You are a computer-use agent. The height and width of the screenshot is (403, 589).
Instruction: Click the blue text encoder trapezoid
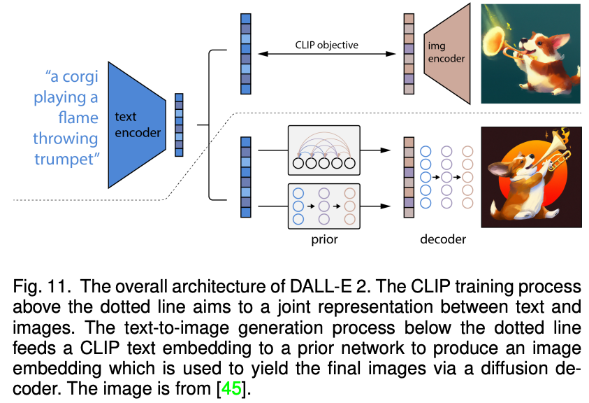tap(137, 125)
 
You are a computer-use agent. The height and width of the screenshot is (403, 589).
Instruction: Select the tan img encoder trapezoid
tap(447, 53)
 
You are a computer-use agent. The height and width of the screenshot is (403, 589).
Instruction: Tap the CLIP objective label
tap(327, 45)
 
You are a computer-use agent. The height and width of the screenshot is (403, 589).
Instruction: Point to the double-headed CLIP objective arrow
tap(327, 54)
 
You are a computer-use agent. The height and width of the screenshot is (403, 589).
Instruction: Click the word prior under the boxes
tap(324, 239)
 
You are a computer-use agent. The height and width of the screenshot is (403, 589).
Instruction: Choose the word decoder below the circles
tap(443, 239)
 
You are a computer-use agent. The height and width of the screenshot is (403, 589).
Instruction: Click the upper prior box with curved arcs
tap(323, 150)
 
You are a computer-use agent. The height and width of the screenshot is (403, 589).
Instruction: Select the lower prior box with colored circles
tap(323, 206)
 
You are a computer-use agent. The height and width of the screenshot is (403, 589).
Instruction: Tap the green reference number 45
tap(231, 388)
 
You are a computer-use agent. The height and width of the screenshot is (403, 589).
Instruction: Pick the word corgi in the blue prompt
tap(80, 77)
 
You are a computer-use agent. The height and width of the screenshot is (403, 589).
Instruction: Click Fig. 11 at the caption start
tap(42, 287)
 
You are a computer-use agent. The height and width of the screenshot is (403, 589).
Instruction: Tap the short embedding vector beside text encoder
tap(179, 125)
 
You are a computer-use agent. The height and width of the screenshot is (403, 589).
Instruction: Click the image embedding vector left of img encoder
tap(409, 54)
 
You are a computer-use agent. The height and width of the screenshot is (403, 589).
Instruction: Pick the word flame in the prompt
tap(78, 118)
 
